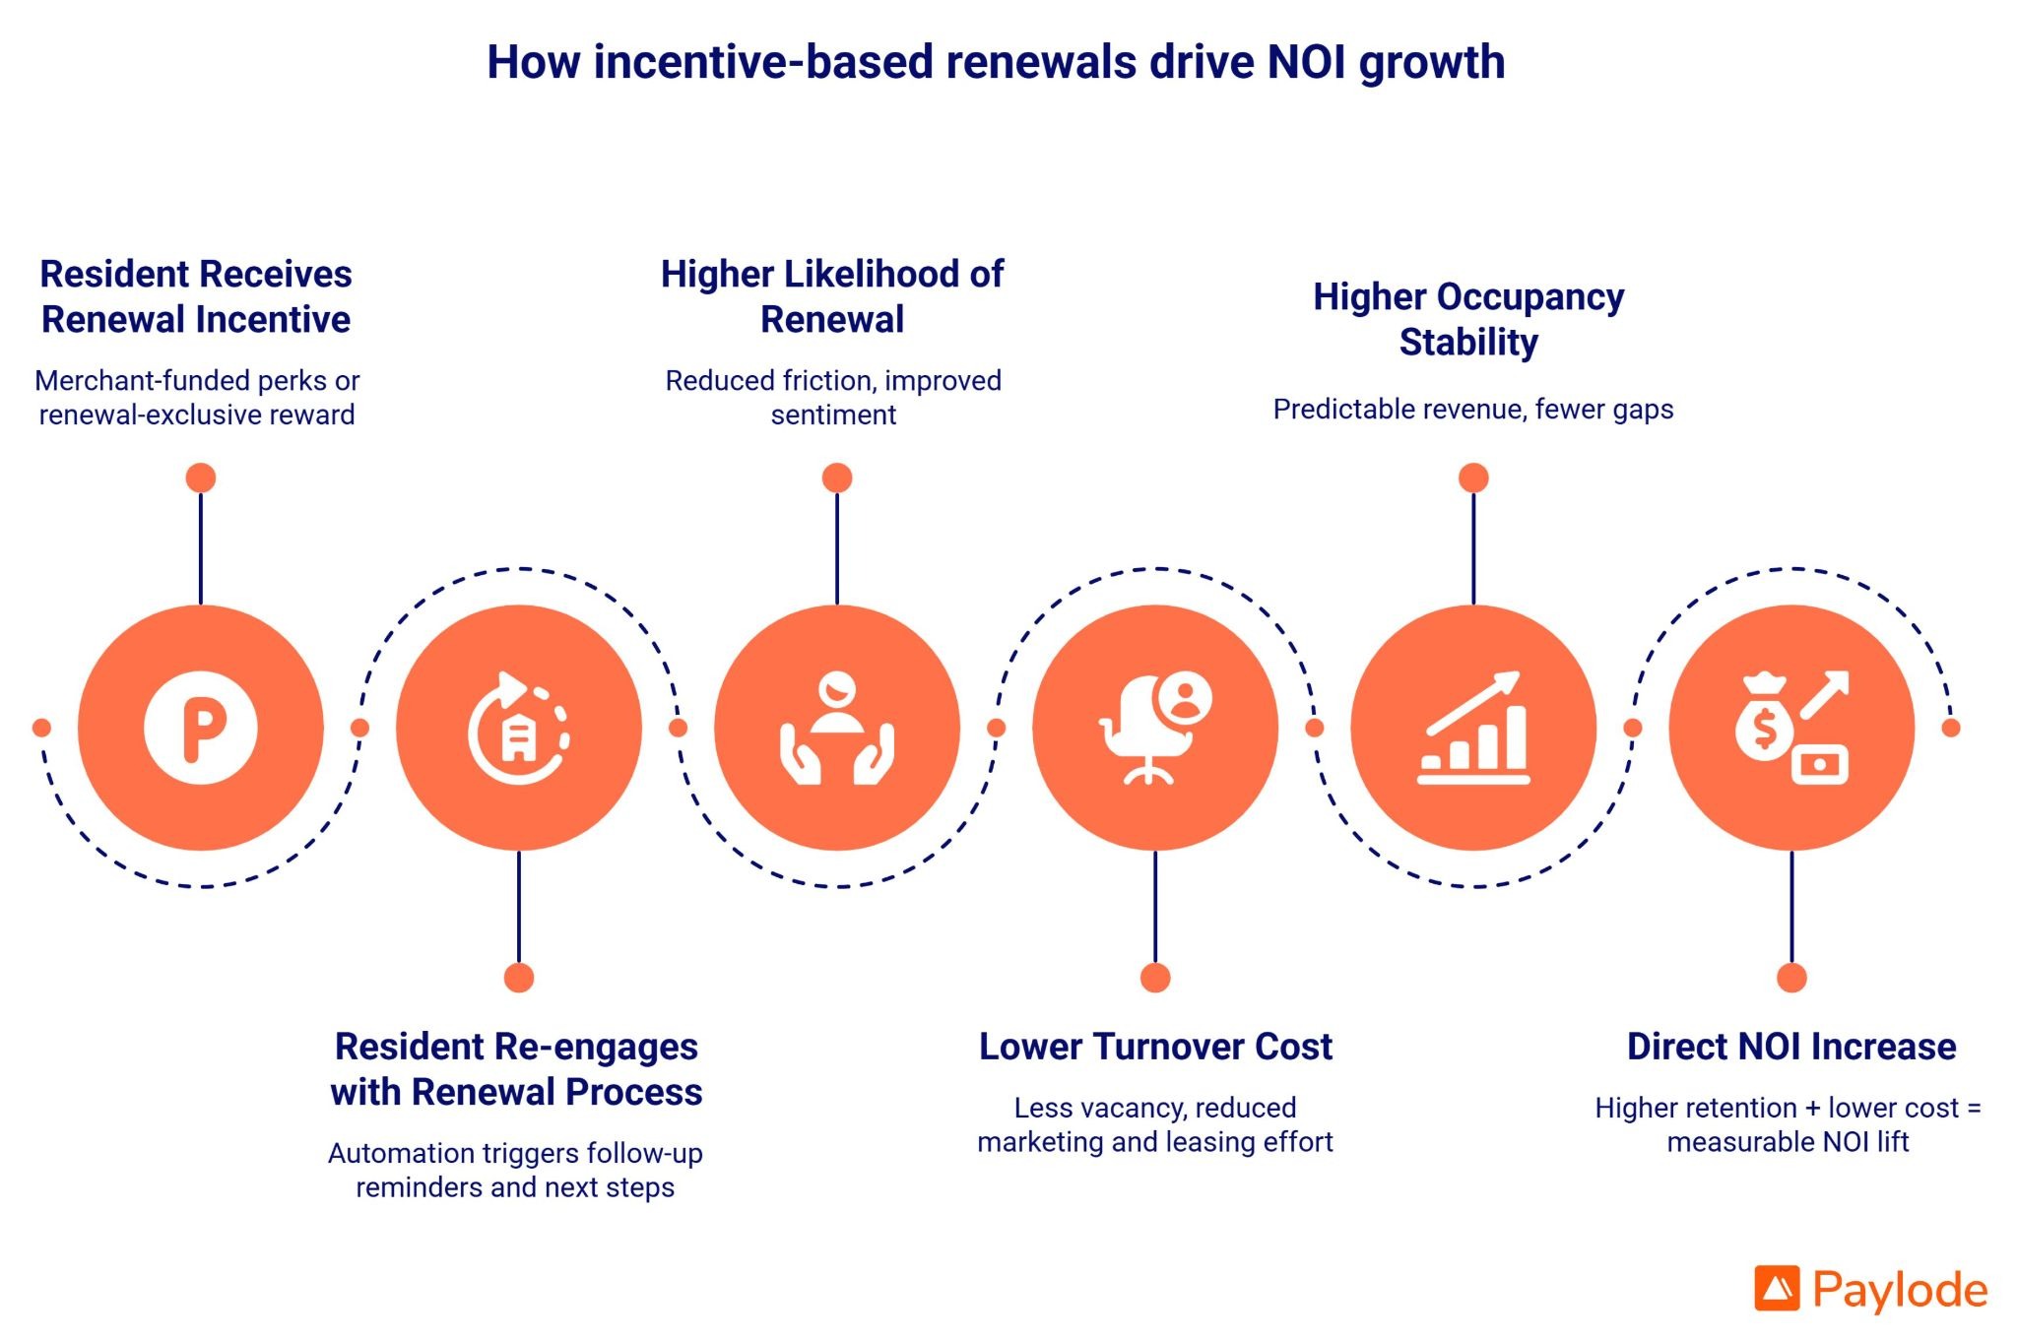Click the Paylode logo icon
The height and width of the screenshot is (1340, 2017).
(1777, 1289)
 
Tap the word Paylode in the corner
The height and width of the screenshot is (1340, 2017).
(1900, 1290)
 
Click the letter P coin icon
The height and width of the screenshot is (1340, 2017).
(201, 728)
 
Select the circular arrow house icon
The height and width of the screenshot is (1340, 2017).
(518, 728)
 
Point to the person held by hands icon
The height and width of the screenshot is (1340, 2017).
(837, 728)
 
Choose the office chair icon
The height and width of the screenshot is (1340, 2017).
(1155, 728)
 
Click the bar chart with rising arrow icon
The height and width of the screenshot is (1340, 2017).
(1473, 728)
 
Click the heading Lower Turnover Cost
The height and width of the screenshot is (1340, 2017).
(1155, 1047)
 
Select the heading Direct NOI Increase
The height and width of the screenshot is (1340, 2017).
(1791, 1047)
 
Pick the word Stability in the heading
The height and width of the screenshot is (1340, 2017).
(1468, 343)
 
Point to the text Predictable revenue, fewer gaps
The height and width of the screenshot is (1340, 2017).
(1473, 409)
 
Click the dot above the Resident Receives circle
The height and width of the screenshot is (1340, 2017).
(201, 479)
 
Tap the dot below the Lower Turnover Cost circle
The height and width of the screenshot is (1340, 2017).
(1155, 978)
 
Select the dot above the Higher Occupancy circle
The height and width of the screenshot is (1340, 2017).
(1473, 479)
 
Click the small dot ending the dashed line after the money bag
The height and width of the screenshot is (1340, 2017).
(1951, 728)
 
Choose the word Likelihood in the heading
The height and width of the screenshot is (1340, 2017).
(867, 275)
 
